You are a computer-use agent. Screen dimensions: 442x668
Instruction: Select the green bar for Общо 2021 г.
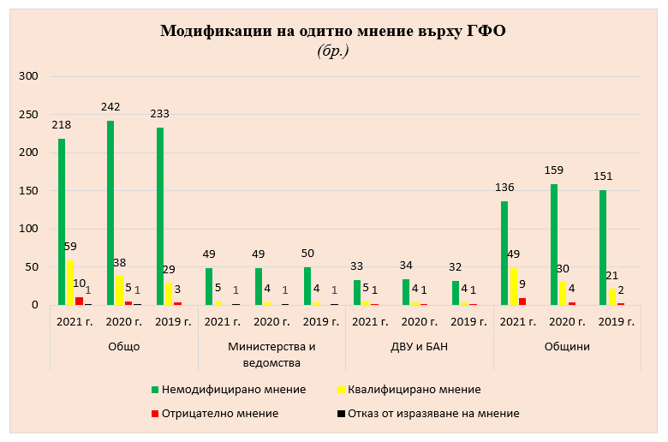[x=62, y=222]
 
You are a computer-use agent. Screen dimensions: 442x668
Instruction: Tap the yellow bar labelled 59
[x=70, y=283]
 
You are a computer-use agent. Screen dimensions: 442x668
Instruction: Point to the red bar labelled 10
[x=79, y=301]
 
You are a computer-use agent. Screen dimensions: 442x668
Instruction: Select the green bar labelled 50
[x=307, y=286]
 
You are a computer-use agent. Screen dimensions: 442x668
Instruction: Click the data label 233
[x=159, y=113]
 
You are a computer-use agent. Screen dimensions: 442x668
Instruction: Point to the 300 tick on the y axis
[x=28, y=76]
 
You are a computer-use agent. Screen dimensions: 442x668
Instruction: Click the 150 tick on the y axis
[x=28, y=191]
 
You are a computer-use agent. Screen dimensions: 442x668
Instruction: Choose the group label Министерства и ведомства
[x=271, y=354]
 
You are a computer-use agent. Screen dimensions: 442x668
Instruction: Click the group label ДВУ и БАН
[x=419, y=347]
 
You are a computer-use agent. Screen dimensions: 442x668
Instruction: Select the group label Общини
[x=566, y=347]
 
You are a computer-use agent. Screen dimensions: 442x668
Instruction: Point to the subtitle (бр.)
[x=333, y=51]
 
